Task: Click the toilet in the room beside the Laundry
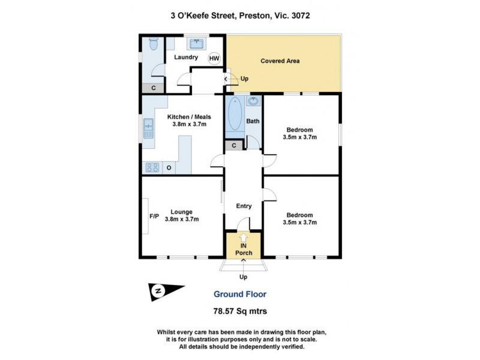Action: (x=153, y=44)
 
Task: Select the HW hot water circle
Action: (x=214, y=58)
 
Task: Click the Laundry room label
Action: (x=186, y=58)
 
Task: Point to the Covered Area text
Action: (x=280, y=61)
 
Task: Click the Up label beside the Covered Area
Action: (x=244, y=79)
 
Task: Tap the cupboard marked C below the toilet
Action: (x=154, y=88)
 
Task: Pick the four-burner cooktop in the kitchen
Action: (x=152, y=167)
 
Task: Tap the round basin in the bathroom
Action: (x=253, y=101)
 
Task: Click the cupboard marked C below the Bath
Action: (x=233, y=145)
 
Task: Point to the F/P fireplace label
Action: (x=154, y=216)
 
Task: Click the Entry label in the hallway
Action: (x=243, y=206)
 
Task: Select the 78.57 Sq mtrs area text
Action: (x=240, y=311)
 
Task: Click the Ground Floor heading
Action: (x=240, y=294)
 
